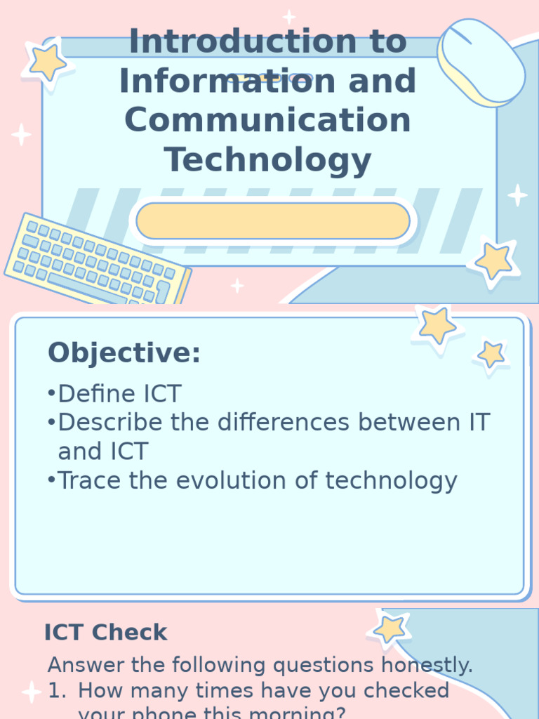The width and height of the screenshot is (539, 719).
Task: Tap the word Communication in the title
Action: coord(267,119)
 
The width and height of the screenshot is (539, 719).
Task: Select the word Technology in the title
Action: coord(267,159)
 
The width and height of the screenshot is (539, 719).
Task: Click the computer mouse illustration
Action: coord(481,62)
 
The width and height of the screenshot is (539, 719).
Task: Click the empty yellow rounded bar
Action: coord(273,221)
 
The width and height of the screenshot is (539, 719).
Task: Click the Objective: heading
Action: coord(124,353)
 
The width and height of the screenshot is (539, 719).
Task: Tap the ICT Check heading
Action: coord(106,632)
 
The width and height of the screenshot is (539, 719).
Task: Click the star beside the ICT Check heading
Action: coord(390,629)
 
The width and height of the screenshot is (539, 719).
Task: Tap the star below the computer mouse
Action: coord(494,261)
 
